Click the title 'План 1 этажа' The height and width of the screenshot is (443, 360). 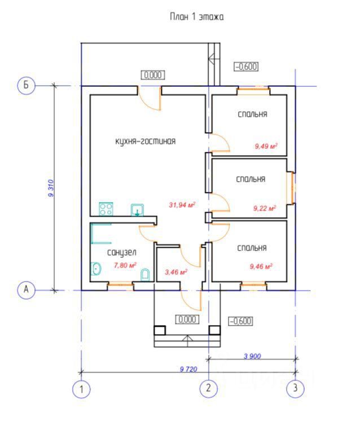point(197,17)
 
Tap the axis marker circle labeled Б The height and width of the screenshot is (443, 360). point(26,85)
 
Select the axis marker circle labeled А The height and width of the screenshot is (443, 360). point(26,290)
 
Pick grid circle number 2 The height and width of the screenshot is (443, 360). point(209,388)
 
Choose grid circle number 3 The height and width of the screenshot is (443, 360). point(295,388)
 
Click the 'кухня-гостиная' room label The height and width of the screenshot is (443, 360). point(145,142)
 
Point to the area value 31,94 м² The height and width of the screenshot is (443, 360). point(182,205)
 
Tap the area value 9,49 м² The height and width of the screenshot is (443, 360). point(266,146)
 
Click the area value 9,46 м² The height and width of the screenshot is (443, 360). point(261,266)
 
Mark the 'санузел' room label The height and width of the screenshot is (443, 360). point(121,253)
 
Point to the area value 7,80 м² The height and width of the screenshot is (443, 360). point(125,265)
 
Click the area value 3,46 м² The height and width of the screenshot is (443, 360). point(175,272)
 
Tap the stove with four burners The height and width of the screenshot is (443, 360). point(106,209)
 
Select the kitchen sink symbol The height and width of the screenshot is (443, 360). point(137,210)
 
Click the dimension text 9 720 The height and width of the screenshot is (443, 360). point(188,369)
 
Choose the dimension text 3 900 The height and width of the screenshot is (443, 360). point(252,356)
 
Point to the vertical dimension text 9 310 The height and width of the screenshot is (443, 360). point(51,187)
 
